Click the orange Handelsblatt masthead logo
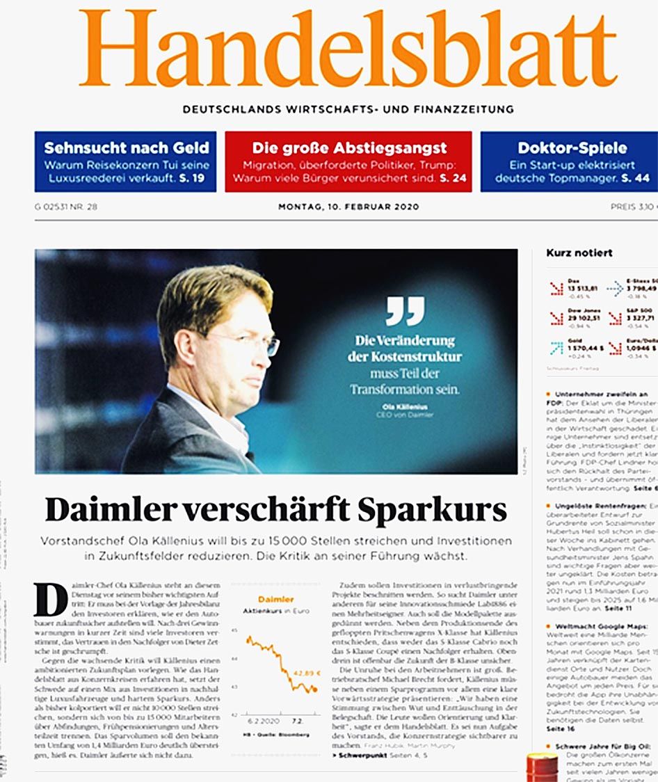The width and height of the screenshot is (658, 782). pos(348,49)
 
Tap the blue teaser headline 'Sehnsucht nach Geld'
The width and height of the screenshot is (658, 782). pos(126,148)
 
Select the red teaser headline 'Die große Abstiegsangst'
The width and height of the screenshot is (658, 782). pos(349,148)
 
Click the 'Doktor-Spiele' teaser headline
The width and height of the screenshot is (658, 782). pos(572,148)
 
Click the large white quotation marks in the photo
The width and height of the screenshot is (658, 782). pos(405,310)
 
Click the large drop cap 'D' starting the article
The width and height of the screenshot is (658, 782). pos(51,600)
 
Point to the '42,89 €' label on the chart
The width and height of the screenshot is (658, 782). pos(307,673)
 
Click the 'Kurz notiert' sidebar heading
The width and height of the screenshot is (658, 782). pos(579,253)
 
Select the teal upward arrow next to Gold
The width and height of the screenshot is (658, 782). pos(556,348)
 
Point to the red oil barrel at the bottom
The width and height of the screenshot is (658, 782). pos(542,767)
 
